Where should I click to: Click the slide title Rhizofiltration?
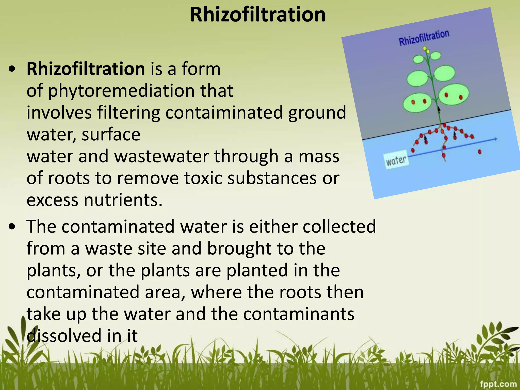point(257,15)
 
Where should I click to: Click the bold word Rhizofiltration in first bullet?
point(86,69)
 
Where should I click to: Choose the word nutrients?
point(123,200)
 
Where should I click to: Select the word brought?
point(239,248)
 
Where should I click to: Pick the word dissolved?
point(64,336)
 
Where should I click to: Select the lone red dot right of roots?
point(480,152)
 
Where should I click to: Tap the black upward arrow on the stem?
point(439,109)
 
